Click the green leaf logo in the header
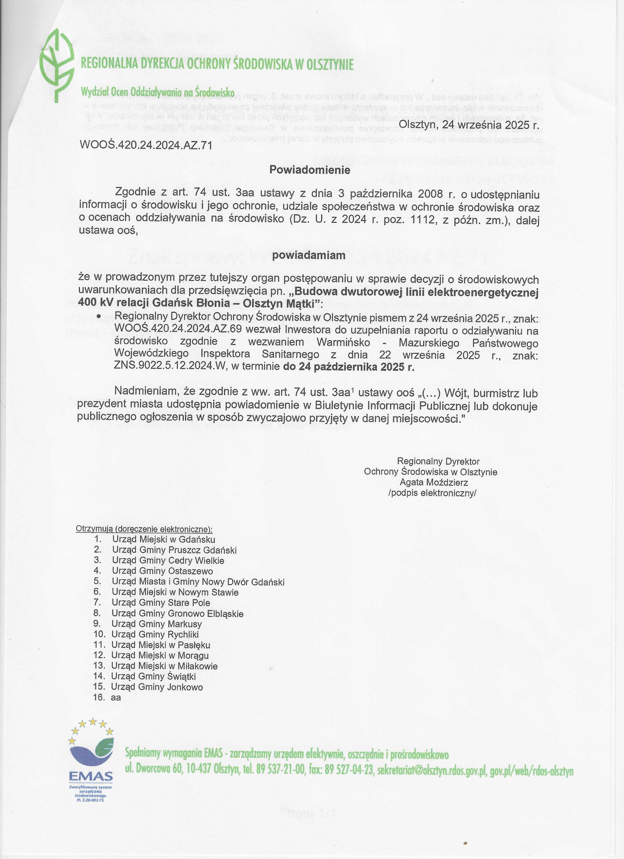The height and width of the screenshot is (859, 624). (57, 65)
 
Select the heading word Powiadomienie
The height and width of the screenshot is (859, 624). (310, 170)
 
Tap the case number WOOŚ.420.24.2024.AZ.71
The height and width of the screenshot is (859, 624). (145, 145)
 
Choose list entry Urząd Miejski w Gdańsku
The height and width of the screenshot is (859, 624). (163, 539)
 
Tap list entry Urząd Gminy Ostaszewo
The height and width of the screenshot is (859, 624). (162, 571)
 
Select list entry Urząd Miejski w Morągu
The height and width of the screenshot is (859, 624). (160, 655)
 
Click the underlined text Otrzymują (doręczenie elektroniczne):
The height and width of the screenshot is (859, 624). (144, 529)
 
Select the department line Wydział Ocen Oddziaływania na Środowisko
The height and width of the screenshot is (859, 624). (158, 92)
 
